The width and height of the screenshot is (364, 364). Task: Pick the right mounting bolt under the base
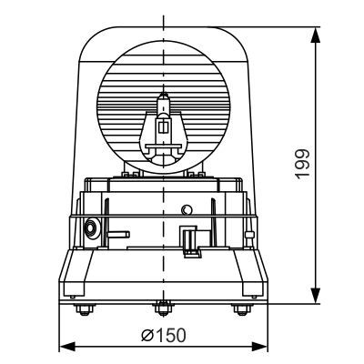click(242, 310)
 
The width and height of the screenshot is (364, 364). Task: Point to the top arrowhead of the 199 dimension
click(315, 34)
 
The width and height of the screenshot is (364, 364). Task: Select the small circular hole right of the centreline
click(187, 209)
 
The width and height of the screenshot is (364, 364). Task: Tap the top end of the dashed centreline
click(164, 18)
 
